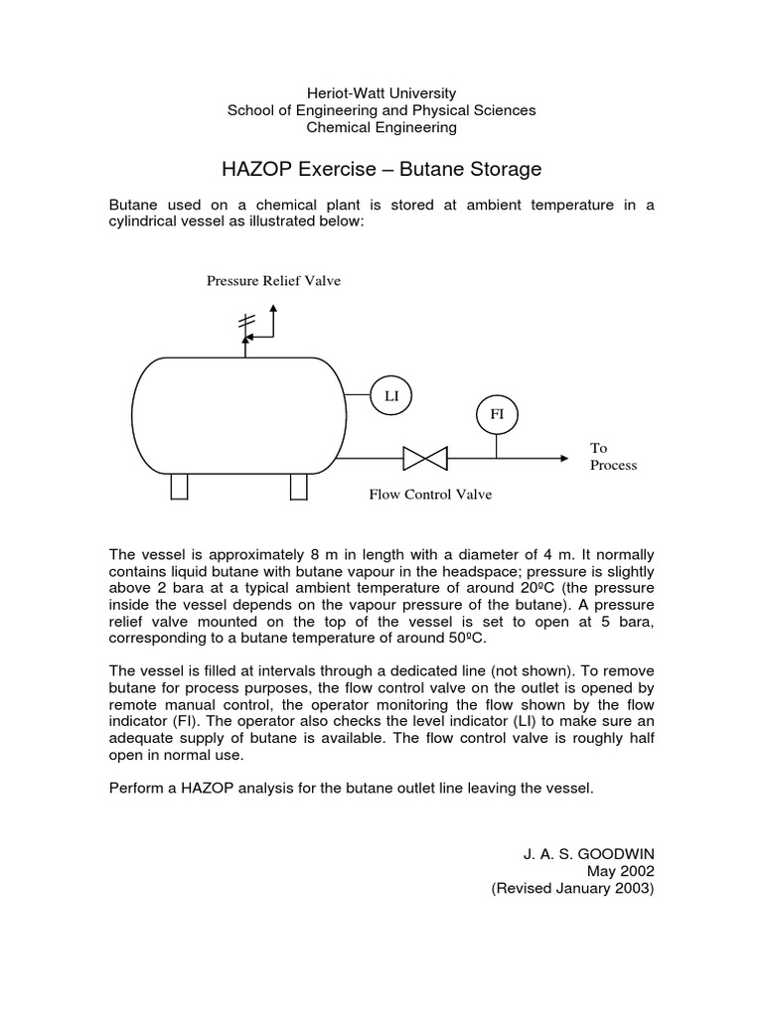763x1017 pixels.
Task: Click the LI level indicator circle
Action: click(x=390, y=395)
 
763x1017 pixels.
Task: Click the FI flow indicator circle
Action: click(x=497, y=412)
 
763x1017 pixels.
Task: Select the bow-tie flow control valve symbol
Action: click(x=424, y=458)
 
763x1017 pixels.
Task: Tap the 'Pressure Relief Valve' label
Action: click(x=273, y=281)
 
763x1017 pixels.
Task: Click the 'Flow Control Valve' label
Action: click(x=430, y=494)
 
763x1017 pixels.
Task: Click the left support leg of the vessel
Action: click(x=179, y=487)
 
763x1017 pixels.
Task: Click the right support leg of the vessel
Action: click(x=298, y=487)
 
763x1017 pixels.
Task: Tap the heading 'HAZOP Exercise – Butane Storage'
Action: click(x=381, y=169)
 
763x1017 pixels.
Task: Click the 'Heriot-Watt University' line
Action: click(x=381, y=92)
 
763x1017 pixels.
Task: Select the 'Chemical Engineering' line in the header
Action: click(x=381, y=127)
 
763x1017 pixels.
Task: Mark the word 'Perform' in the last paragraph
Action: click(x=136, y=788)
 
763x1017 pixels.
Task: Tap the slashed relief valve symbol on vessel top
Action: click(x=245, y=326)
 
